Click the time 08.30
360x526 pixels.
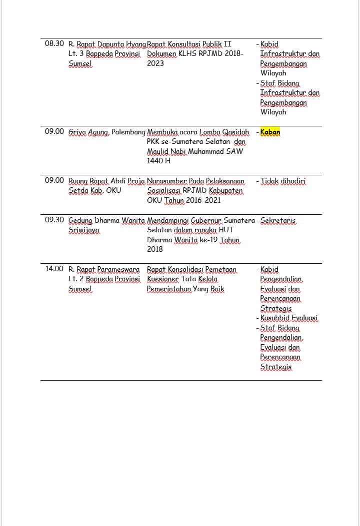pyautogui.click(x=54, y=44)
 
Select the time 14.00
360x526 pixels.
pyautogui.click(x=54, y=269)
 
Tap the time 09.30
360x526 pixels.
pyautogui.click(x=54, y=220)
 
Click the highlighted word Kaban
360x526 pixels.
pyautogui.click(x=270, y=132)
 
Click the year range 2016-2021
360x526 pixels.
pyautogui.click(x=203, y=200)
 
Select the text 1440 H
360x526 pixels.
pyautogui.click(x=158, y=161)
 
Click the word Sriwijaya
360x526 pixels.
pyautogui.click(x=83, y=230)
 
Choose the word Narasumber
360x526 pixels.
pyautogui.click(x=167, y=181)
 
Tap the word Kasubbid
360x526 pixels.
pyautogui.click(x=274, y=318)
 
